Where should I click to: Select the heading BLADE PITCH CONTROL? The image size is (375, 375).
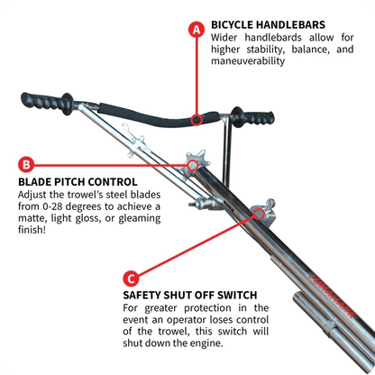[x=71, y=179]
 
